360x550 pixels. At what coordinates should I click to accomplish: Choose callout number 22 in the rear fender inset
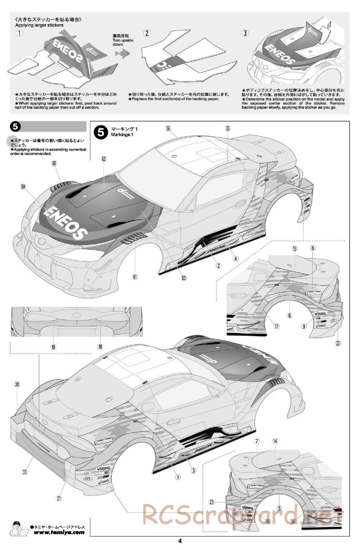338,343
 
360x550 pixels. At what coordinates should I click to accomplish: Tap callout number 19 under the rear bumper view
53,347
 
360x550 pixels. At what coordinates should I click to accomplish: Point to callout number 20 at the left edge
17,384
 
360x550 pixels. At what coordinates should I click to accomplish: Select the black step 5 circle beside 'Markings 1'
100,132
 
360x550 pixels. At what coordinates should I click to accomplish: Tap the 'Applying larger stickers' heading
39,25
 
